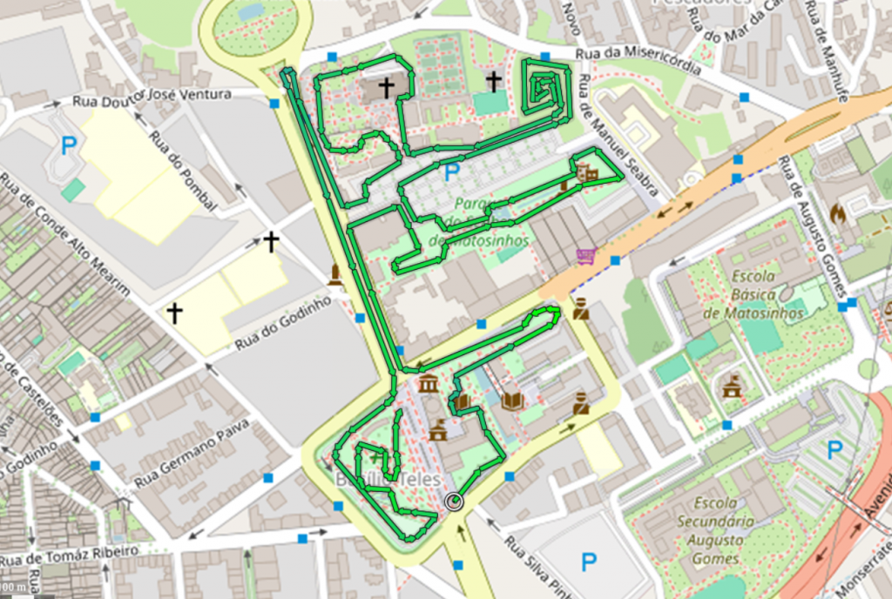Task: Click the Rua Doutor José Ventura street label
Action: coord(152,96)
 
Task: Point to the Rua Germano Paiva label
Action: coord(192,453)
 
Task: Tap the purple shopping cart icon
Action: coord(585,255)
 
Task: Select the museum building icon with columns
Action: coord(428,384)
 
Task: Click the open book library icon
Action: coord(513,400)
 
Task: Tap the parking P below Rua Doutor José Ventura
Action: coord(68,145)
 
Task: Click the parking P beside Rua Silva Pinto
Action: coord(589,561)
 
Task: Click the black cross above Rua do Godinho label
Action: coord(271,241)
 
